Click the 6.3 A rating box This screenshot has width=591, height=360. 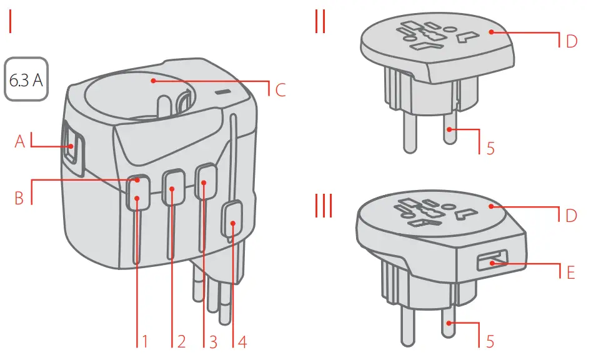tap(27, 81)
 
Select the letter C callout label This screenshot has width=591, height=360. tap(281, 90)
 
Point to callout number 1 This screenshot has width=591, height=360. tap(144, 341)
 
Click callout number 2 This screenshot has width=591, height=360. tap(181, 341)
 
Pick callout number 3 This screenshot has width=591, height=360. tap(213, 341)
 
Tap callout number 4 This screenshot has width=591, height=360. tap(242, 341)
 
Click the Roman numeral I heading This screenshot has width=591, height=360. tap(11, 22)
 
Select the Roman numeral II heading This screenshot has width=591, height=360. tap(320, 22)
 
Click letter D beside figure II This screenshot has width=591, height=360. tap(571, 42)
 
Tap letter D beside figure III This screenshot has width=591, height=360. tap(571, 216)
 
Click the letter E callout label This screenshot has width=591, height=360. tap(570, 273)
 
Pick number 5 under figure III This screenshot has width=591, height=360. tap(490, 341)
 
